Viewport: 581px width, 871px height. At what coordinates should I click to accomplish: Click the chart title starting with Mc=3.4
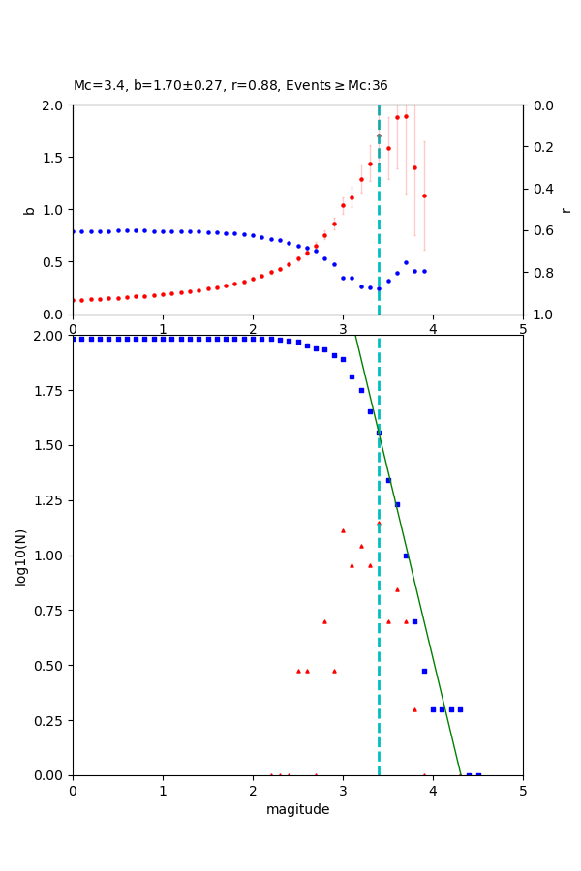point(230,86)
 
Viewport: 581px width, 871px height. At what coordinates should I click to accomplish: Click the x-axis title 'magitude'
point(297,809)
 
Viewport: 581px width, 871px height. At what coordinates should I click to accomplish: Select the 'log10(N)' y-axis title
point(21,556)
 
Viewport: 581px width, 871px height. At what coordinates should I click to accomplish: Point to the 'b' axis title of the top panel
point(29,210)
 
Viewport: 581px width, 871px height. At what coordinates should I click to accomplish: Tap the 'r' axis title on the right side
point(566,210)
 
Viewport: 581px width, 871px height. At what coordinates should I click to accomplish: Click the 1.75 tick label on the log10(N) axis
point(46,391)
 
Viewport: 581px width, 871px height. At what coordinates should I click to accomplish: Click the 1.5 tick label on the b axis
point(52,158)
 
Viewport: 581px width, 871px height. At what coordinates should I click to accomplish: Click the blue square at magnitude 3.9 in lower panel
point(424,671)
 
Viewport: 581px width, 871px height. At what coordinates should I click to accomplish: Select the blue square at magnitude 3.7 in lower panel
point(406,556)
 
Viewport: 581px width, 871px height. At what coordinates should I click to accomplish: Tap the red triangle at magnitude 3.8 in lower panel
point(414,709)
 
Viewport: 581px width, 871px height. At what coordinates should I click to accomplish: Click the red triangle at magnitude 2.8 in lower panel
point(324,621)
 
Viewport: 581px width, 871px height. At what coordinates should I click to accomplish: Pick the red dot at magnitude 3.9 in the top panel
point(424,195)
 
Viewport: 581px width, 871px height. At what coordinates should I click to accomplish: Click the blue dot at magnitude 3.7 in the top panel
point(406,262)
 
